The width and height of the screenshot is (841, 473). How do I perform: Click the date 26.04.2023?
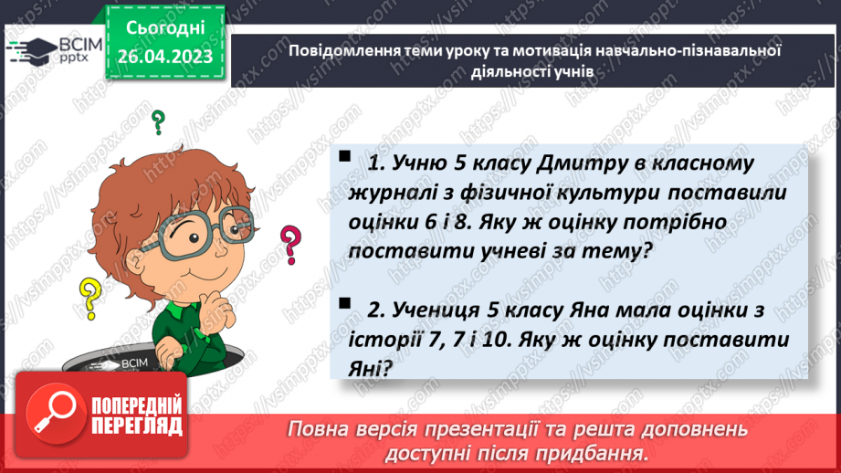[164, 58]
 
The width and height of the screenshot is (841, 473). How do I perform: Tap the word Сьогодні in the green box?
[164, 28]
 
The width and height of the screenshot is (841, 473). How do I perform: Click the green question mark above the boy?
[158, 121]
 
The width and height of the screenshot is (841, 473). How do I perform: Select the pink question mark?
[290, 245]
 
